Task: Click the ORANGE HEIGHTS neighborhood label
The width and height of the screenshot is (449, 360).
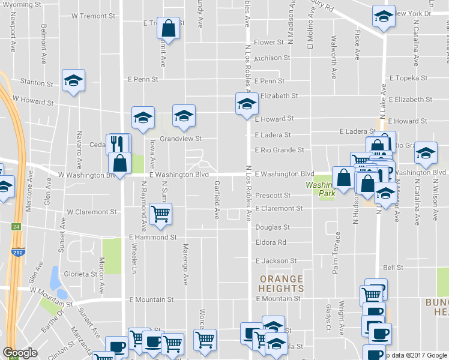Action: pyautogui.click(x=281, y=284)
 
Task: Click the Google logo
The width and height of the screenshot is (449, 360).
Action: pyautogui.click(x=20, y=353)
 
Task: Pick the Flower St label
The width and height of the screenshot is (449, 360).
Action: pyautogui.click(x=268, y=43)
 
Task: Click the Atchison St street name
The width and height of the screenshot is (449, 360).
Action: pyautogui.click(x=272, y=58)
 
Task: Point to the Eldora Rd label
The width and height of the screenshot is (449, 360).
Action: pyautogui.click(x=270, y=242)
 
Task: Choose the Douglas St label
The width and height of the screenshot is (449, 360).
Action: pyautogui.click(x=273, y=227)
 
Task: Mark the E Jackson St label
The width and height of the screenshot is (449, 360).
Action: pyautogui.click(x=276, y=261)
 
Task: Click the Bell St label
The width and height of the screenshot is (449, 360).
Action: pyautogui.click(x=393, y=268)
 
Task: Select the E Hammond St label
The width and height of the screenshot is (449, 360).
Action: pyautogui.click(x=153, y=237)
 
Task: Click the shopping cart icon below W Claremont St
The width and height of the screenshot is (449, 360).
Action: pyautogui.click(x=160, y=213)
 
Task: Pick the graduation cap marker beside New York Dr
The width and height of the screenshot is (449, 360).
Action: pyautogui.click(x=382, y=17)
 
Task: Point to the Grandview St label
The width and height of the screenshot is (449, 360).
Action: pyautogui.click(x=179, y=139)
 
